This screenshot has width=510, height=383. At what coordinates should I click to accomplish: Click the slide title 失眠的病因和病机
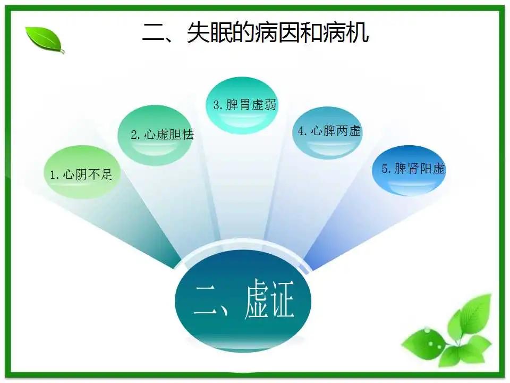pyautogui.click(x=255, y=34)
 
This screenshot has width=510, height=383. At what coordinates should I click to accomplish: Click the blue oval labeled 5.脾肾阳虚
pyautogui.click(x=409, y=170)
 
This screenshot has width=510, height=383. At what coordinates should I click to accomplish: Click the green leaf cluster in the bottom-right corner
pyautogui.click(x=449, y=332)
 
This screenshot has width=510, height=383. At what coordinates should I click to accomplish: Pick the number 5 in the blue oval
pyautogui.click(x=385, y=170)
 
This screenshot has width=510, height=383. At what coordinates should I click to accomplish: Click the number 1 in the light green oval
pyautogui.click(x=53, y=174)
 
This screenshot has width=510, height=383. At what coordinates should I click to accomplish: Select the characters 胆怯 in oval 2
pyautogui.click(x=182, y=135)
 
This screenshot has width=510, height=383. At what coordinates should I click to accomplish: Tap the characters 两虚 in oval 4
pyautogui.click(x=349, y=131)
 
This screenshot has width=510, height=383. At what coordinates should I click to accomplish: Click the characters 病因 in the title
pyautogui.click(x=278, y=34)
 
